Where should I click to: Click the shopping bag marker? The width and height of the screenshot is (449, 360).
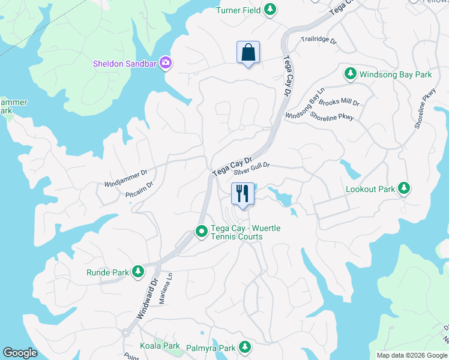tap(248, 53)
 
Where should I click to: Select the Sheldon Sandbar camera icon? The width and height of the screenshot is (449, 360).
tap(166, 63)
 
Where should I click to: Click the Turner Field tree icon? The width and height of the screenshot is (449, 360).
tap(271, 9)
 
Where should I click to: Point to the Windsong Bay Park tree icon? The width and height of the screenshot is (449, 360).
tap(350, 74)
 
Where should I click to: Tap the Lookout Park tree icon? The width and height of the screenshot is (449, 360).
tap(404, 188)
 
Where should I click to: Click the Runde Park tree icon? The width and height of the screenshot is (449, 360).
tap(138, 272)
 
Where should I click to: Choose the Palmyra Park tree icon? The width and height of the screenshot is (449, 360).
tap(244, 347)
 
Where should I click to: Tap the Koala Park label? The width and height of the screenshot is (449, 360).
tap(160, 346)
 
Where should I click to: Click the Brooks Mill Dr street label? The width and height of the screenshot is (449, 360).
tap(339, 103)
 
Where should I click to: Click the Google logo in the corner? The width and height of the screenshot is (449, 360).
tap(20, 353)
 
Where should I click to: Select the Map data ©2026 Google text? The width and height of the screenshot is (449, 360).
tap(411, 355)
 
